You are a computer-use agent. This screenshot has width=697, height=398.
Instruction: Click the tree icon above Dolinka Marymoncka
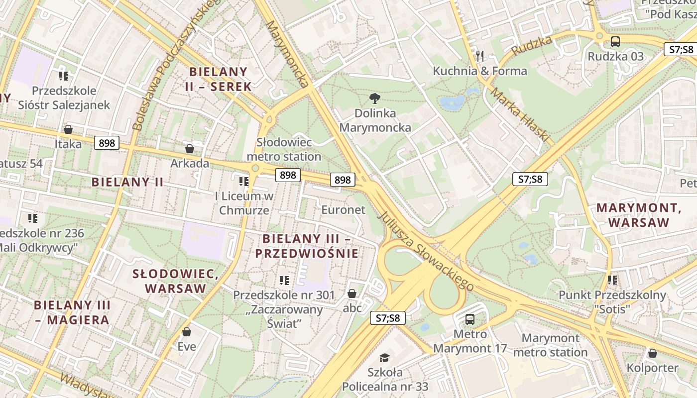(375, 98)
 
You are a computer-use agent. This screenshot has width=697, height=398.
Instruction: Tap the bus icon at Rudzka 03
(615, 42)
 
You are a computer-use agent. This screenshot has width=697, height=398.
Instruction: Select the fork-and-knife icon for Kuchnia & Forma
(480, 56)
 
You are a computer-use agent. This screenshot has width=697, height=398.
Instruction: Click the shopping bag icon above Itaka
(68, 129)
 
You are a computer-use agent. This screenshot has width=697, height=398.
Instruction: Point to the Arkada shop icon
(190, 149)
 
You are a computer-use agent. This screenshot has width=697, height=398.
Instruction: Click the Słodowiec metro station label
(284, 149)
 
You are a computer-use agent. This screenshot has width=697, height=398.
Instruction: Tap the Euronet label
(343, 209)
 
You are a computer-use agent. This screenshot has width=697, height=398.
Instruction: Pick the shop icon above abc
(352, 294)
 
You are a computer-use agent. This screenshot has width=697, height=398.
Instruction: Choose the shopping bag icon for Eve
(187, 331)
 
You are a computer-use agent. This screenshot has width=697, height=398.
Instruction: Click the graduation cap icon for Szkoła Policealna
(384, 358)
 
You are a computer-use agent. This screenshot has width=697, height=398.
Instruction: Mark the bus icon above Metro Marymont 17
(470, 319)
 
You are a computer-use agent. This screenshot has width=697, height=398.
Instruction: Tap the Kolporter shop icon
(652, 353)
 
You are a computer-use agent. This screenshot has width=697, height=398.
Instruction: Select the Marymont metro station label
(550, 345)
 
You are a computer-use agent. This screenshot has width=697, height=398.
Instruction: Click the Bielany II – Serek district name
(219, 79)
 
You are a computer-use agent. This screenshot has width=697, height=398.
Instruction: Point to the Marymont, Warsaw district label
(639, 215)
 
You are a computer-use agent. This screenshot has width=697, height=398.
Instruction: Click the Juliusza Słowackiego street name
(425, 251)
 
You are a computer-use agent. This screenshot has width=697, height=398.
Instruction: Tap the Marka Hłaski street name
(519, 115)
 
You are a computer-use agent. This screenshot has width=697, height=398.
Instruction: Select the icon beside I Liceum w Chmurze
(243, 181)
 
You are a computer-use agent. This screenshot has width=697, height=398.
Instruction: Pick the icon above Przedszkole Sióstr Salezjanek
(64, 76)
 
